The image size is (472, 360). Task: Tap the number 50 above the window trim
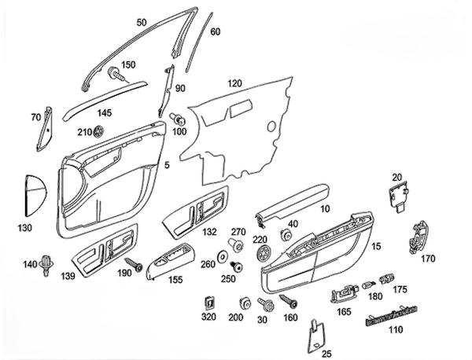point(142,23)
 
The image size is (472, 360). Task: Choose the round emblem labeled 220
point(263,254)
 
